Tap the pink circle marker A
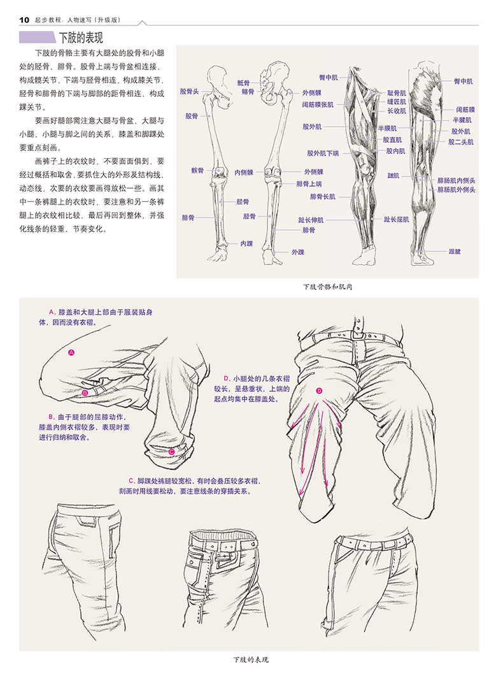(71, 352)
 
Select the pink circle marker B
(85, 393)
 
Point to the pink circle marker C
(172, 452)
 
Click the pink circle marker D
(319, 391)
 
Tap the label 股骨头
(189, 92)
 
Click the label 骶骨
(243, 83)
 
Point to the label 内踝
(246, 243)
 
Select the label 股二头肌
(461, 142)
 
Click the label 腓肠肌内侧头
(457, 180)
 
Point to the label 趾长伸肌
(311, 220)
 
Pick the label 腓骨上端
(309, 184)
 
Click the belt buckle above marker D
(358, 333)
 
